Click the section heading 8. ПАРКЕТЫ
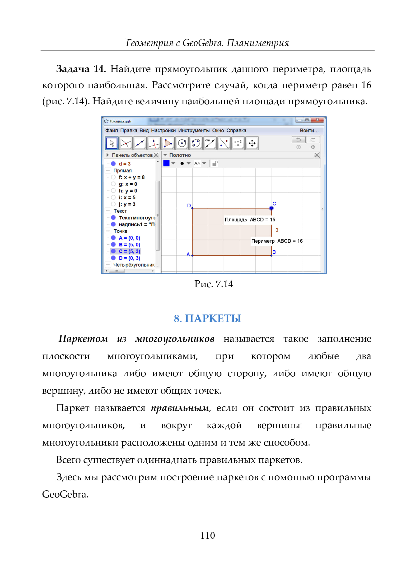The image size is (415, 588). (x=207, y=318)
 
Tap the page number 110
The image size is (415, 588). (x=207, y=535)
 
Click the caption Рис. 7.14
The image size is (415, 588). (x=214, y=284)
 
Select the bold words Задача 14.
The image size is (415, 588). (x=80, y=69)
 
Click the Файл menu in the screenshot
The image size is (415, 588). (x=112, y=131)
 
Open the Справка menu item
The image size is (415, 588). (x=236, y=131)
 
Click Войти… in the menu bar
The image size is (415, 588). (x=309, y=131)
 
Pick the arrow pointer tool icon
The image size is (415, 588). (x=112, y=143)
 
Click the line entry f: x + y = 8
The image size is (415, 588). (x=131, y=177)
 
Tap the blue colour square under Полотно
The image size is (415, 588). (x=166, y=163)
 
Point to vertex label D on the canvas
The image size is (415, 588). (x=189, y=206)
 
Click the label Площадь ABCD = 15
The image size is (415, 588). (x=250, y=220)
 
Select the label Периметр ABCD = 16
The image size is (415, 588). (x=277, y=241)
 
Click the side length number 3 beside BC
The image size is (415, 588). (x=277, y=230)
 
